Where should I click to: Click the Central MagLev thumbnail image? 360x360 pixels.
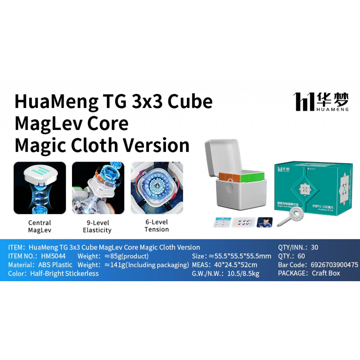40,188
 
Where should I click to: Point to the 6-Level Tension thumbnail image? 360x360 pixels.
157,188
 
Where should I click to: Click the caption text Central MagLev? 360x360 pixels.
40,226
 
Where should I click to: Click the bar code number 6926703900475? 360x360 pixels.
334,265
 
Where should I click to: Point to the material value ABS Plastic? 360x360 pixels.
55,265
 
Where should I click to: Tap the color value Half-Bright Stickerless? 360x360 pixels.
64,274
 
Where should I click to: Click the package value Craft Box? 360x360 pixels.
326,273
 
